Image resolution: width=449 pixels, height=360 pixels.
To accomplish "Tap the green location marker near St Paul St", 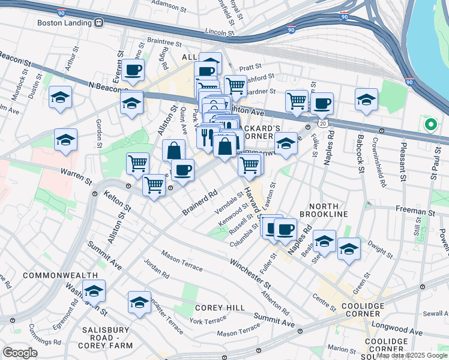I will [430, 125].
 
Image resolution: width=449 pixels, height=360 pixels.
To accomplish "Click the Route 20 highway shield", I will [323, 123].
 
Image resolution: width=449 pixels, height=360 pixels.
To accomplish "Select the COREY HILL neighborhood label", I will [220, 308].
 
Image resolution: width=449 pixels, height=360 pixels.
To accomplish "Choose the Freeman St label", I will [415, 212].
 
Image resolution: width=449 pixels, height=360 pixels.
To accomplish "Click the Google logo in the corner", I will [20, 353].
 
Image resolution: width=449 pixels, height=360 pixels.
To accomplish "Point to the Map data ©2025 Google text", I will [412, 356].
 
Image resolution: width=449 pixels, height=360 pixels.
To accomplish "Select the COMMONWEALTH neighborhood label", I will [60, 275].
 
